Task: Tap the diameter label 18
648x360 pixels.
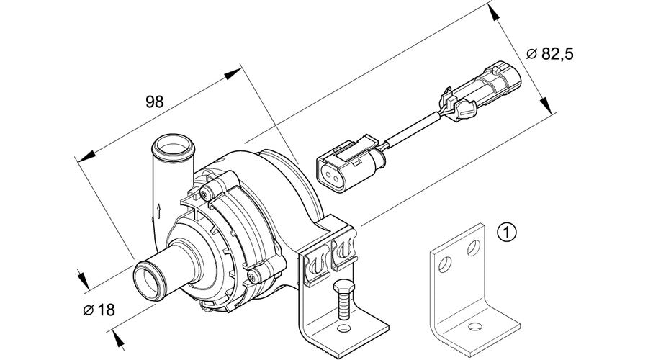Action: click(x=105, y=310)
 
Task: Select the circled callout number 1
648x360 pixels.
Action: click(x=507, y=233)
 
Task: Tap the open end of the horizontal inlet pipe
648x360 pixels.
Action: click(x=147, y=280)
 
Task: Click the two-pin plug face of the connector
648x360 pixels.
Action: click(x=333, y=171)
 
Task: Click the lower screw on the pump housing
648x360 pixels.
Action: click(x=251, y=274)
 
